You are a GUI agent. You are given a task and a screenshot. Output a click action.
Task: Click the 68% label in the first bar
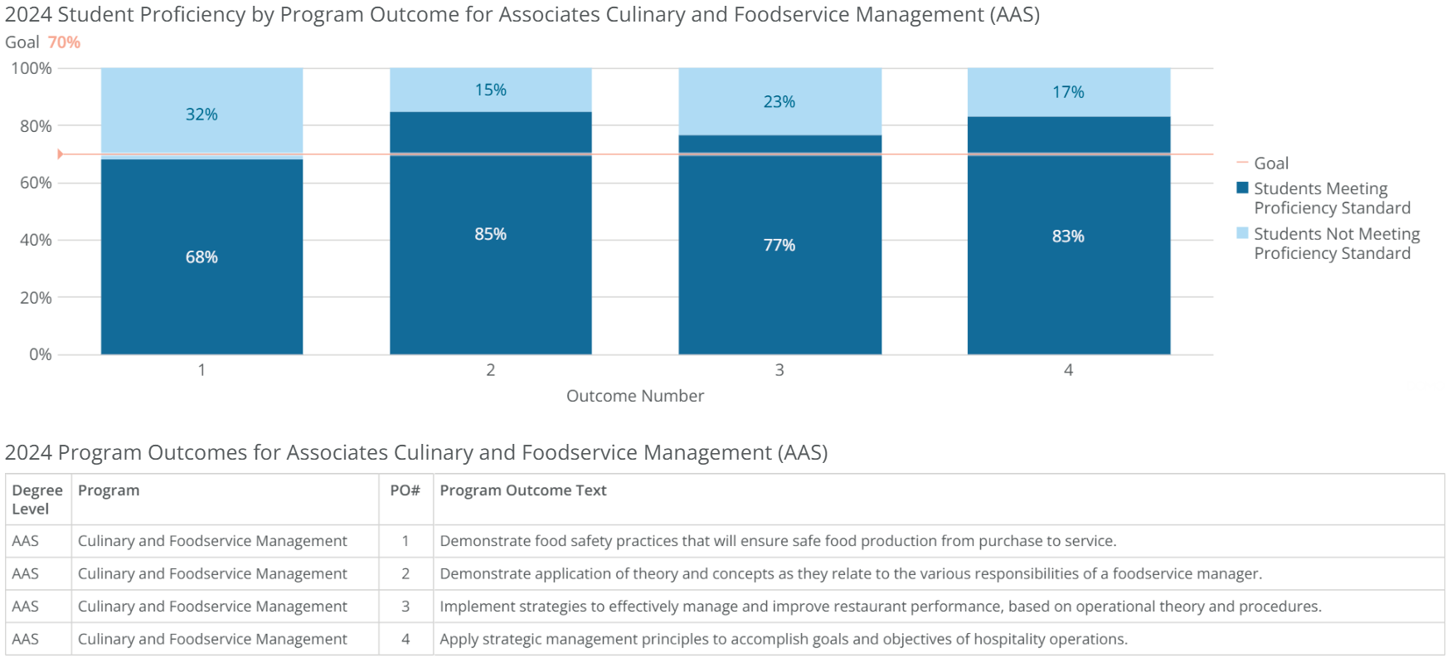point(202,257)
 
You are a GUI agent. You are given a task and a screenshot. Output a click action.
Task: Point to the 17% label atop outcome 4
point(1068,92)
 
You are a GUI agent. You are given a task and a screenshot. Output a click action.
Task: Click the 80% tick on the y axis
point(36,126)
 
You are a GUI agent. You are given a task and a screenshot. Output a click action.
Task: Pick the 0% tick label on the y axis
point(40,354)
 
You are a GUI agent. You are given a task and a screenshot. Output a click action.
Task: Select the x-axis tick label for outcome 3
point(779,370)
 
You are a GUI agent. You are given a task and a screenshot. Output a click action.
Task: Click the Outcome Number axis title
point(635,396)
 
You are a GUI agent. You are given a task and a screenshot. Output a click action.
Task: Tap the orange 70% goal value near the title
point(64,42)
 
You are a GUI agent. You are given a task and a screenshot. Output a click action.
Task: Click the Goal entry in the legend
point(1270,163)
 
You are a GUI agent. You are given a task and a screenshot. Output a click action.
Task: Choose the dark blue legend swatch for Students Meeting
point(1242,188)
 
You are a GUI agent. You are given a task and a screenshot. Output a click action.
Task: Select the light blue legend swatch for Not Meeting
point(1242,233)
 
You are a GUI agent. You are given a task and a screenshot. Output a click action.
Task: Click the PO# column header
point(405,490)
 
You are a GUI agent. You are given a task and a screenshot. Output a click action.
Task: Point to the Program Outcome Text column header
point(523,490)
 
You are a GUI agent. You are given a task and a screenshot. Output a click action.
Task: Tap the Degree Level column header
point(37,500)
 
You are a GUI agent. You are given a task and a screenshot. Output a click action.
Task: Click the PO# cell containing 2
point(405,573)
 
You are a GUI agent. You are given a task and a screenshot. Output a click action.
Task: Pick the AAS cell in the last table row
point(26,639)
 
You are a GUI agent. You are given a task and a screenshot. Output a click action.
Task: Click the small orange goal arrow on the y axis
point(60,154)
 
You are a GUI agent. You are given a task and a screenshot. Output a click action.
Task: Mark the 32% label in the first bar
point(202,115)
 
